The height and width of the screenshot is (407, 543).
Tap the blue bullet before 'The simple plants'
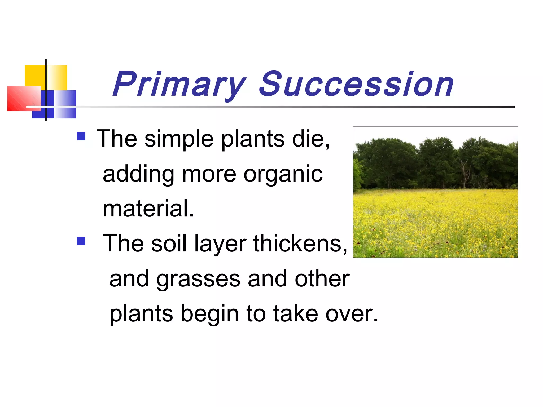tap(81, 136)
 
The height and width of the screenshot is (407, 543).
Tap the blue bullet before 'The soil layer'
tap(81, 241)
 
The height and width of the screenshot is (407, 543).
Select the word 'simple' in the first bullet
tap(179, 140)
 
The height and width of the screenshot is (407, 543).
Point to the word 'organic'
tap(283, 175)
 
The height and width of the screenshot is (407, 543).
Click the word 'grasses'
tap(198, 280)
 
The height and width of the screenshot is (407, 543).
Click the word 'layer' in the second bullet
tap(220, 244)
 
